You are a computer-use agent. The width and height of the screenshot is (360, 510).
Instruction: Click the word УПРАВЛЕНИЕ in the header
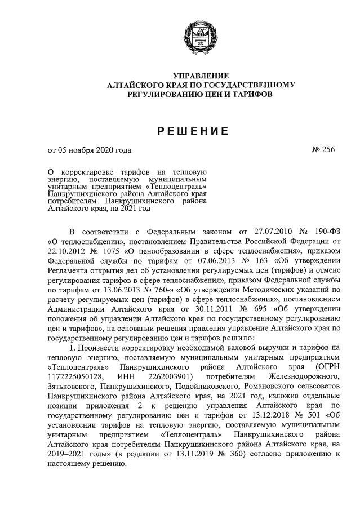(x=201, y=76)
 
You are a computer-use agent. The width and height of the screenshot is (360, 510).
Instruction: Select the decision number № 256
(x=323, y=150)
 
